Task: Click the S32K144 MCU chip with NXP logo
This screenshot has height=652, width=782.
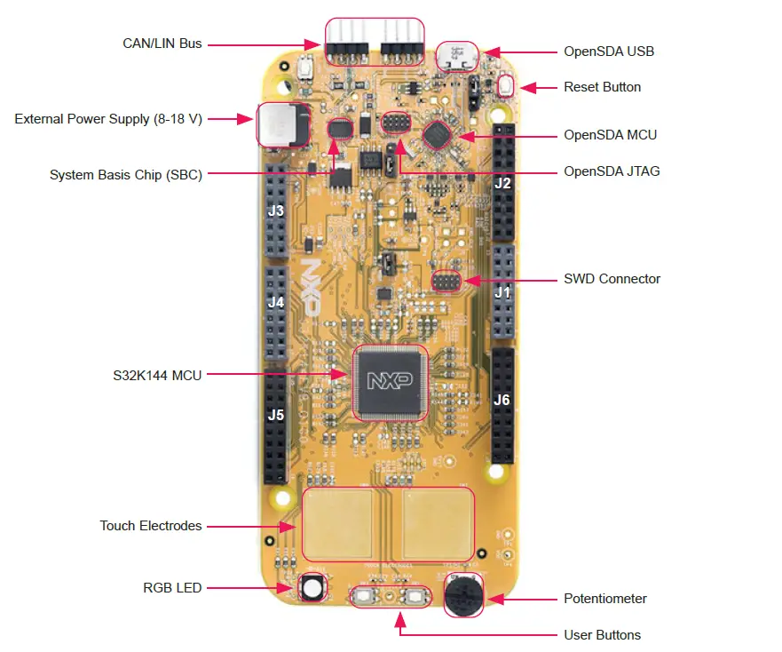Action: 391,382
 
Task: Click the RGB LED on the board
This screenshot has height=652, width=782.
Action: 312,587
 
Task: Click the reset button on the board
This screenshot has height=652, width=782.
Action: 507,86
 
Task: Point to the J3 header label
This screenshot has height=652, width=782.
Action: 276,211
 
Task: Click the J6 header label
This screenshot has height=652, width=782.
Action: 502,400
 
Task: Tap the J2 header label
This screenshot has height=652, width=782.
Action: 502,184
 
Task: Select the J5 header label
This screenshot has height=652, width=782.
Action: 276,414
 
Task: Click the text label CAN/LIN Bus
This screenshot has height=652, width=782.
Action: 162,43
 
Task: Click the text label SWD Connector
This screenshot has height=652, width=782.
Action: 612,279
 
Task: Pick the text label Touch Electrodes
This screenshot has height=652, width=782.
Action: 151,526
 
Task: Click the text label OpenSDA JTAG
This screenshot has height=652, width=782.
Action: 612,171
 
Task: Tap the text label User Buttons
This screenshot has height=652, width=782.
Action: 602,635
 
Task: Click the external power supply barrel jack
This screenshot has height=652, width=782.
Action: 281,124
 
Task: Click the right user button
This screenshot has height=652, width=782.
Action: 414,598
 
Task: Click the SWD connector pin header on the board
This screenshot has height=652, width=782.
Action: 445,282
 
